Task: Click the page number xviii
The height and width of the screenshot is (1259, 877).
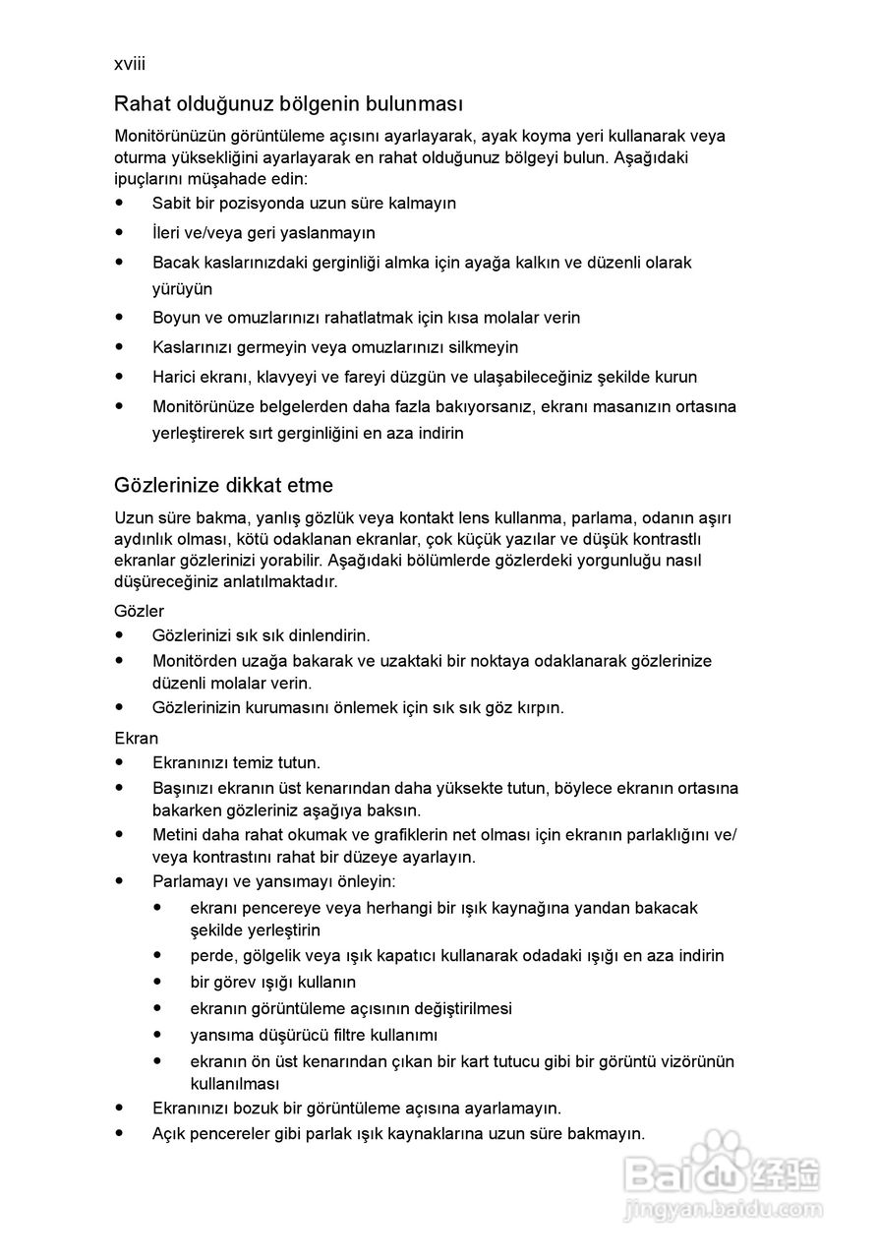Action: tap(130, 64)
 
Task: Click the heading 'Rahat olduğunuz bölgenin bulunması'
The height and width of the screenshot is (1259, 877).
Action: tap(288, 103)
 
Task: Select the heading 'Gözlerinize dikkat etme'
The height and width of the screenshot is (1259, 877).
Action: tap(223, 485)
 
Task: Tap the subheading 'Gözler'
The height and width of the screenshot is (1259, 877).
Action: tap(140, 611)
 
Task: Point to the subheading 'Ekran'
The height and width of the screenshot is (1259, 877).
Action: tap(137, 738)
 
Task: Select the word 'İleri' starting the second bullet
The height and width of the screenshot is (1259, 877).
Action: tap(168, 233)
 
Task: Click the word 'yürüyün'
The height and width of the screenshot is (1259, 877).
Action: tap(182, 289)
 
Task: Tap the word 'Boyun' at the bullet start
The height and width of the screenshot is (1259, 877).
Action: tap(175, 318)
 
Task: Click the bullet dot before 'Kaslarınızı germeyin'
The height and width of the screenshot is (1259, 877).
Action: tap(120, 346)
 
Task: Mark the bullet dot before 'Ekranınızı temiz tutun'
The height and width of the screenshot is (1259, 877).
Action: tap(120, 761)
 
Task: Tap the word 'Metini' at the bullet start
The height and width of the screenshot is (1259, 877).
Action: tap(175, 835)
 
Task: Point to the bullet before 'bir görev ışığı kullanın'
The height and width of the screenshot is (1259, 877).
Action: tap(157, 981)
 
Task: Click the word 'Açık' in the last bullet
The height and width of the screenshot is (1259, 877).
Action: tap(169, 1133)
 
